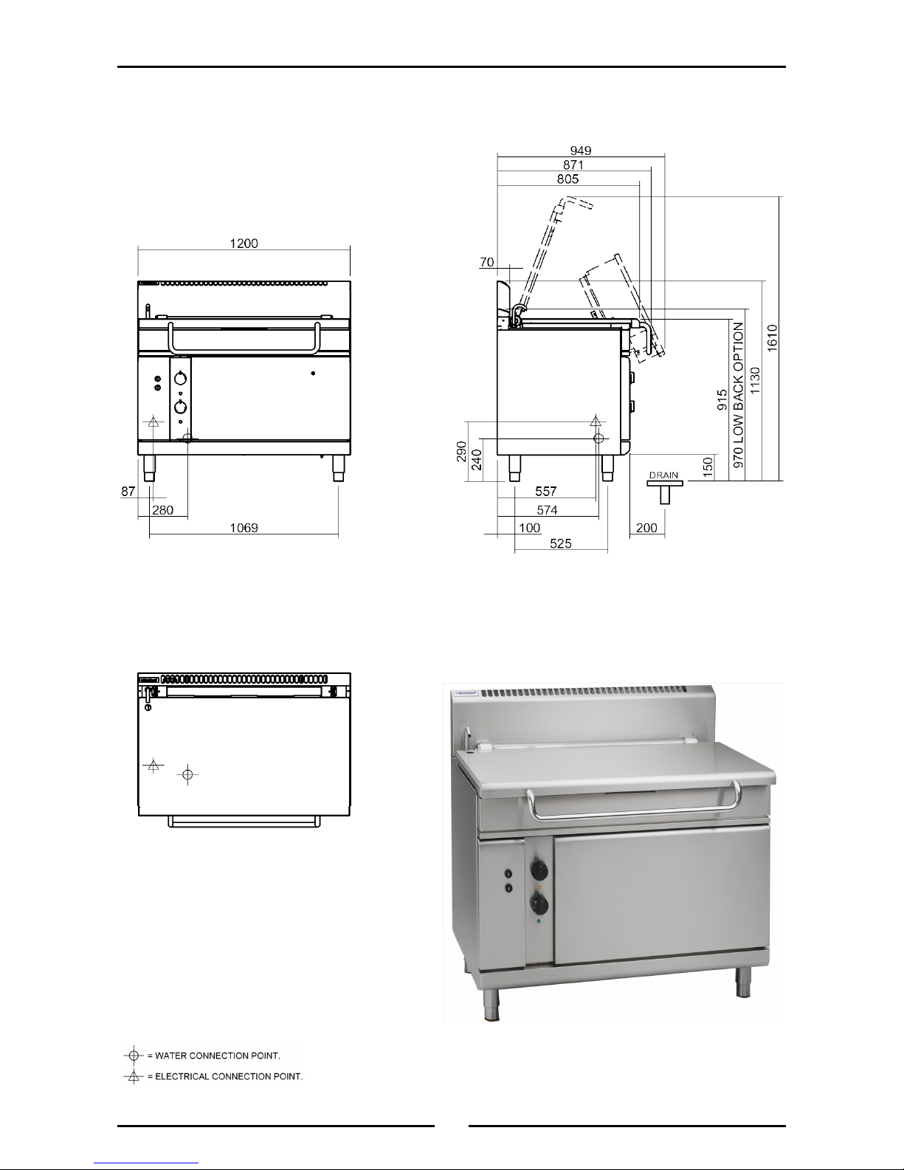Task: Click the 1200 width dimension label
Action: click(x=244, y=244)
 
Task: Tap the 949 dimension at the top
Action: click(x=581, y=151)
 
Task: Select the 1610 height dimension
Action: click(x=772, y=338)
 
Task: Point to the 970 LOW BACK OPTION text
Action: click(x=738, y=395)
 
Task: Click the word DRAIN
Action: click(x=663, y=475)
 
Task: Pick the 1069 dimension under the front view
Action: click(x=244, y=528)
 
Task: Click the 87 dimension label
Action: click(x=128, y=491)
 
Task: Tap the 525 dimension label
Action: click(x=560, y=544)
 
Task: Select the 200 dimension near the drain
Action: click(x=646, y=528)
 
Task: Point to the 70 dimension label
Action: click(x=486, y=262)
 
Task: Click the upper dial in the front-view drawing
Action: click(x=182, y=379)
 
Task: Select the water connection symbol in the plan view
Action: click(x=187, y=774)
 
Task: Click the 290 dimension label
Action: click(x=461, y=452)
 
